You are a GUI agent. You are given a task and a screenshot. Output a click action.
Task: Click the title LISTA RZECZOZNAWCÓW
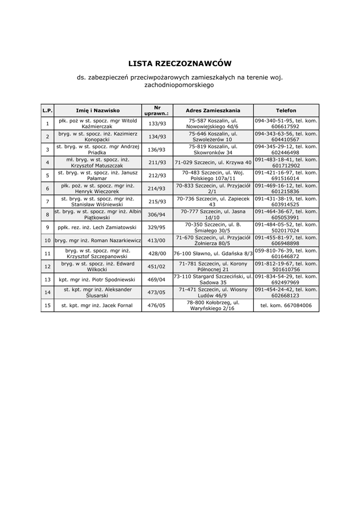click(x=180, y=64)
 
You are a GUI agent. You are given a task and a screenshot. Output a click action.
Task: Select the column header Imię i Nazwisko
click(x=98, y=110)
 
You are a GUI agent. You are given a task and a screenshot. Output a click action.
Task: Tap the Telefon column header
click(x=286, y=110)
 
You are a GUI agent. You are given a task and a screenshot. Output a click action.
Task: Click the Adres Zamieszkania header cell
click(x=213, y=110)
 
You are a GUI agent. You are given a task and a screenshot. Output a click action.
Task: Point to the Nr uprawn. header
click(x=157, y=110)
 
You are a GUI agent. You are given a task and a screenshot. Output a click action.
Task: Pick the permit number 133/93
click(x=157, y=124)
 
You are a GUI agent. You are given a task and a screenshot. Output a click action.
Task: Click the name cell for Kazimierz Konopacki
click(x=98, y=137)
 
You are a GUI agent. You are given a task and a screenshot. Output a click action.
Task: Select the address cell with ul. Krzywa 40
click(x=213, y=163)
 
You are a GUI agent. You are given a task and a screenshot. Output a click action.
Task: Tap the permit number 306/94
click(x=157, y=214)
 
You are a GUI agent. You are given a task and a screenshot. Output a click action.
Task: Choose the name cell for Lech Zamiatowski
click(x=98, y=227)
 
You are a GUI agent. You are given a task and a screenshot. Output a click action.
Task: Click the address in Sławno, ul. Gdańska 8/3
click(x=213, y=253)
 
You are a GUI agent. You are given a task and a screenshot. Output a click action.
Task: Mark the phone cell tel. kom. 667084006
click(x=286, y=305)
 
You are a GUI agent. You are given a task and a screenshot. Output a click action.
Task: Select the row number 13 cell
click(x=47, y=279)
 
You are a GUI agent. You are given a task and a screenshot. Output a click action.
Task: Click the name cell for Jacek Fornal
click(x=98, y=305)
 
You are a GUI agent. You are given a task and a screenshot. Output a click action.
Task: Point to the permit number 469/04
click(x=157, y=279)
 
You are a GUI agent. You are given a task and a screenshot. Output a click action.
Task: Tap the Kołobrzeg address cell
click(x=213, y=305)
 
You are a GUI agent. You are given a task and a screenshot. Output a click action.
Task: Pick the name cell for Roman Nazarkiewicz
click(x=98, y=241)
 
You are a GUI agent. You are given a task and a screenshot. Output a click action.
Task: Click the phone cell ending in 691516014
click(x=286, y=175)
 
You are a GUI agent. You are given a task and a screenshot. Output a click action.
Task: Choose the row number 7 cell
click(x=47, y=201)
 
